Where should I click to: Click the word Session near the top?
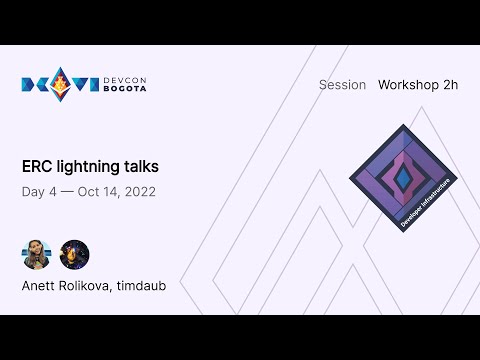pyautogui.click(x=342, y=85)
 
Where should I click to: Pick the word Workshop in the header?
pyautogui.click(x=410, y=85)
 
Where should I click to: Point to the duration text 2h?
pyautogui.click(x=450, y=85)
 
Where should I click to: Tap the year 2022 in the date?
pyautogui.click(x=137, y=191)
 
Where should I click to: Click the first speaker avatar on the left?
pyautogui.click(x=37, y=254)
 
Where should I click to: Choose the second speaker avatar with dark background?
pyautogui.click(x=74, y=254)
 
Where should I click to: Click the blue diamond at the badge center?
pyautogui.click(x=403, y=177)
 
